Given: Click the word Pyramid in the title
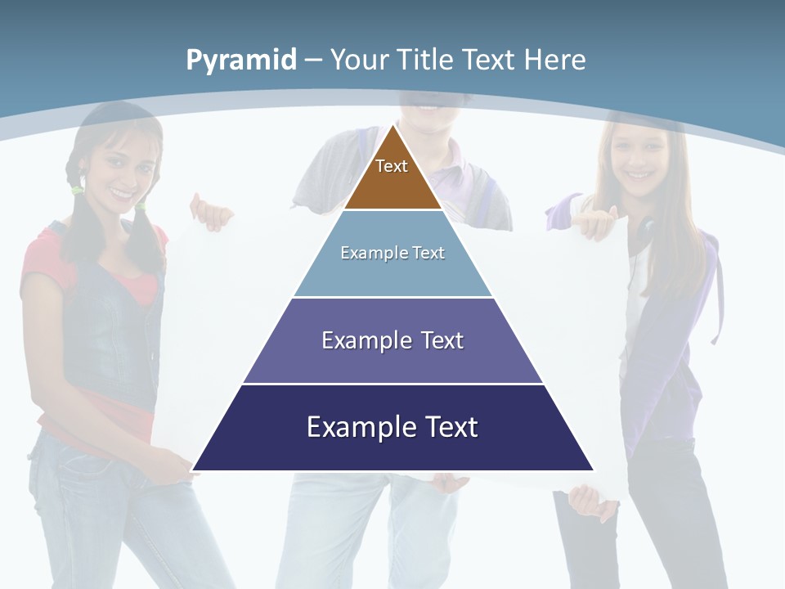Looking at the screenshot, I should tap(240, 61).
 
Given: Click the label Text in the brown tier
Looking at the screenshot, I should tap(392, 166).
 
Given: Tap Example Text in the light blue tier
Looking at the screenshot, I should tap(392, 253).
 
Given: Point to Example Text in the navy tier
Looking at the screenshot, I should tap(392, 427).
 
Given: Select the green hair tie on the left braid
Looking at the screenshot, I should tap(77, 190).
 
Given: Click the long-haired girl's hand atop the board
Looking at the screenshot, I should tap(597, 221).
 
